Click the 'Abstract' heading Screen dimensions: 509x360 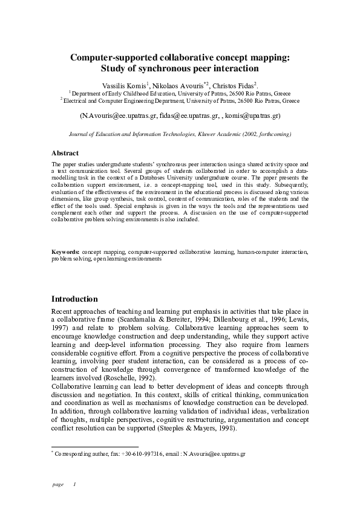point(65,154)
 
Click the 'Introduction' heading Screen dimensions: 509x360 point(74,299)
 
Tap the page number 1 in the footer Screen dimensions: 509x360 point(74,485)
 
